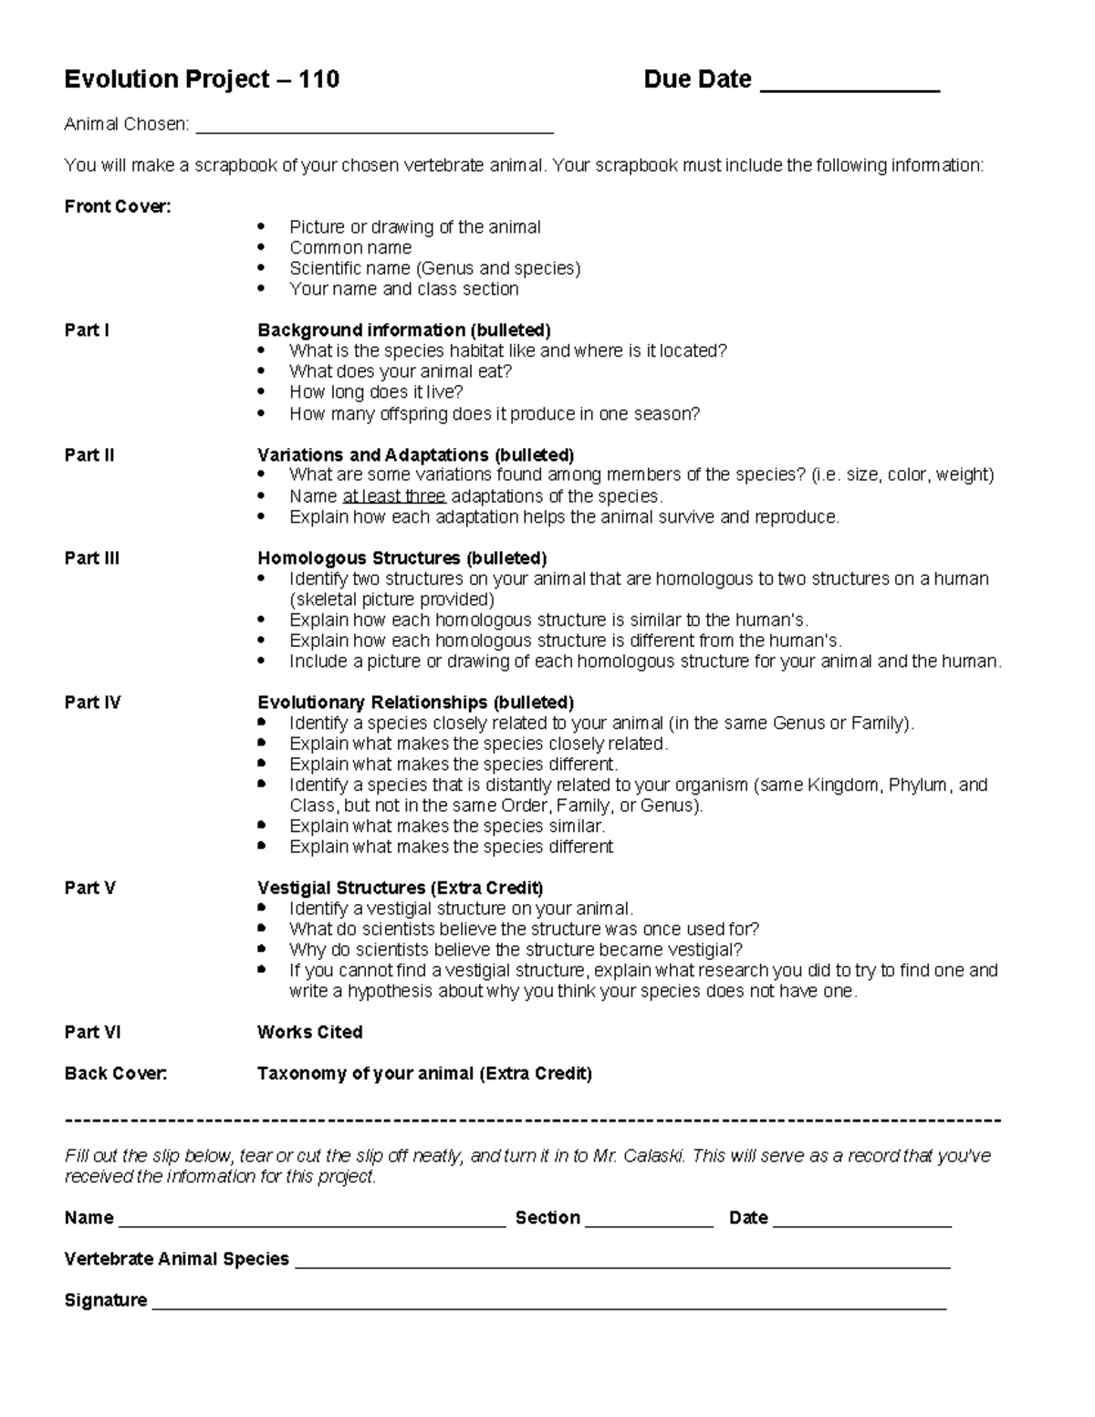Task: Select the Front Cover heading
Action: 118,207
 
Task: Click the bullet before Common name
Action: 262,247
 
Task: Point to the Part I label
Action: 87,330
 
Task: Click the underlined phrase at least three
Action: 393,496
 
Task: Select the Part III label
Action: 91,558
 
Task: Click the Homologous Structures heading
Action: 401,558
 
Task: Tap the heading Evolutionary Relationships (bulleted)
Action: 415,703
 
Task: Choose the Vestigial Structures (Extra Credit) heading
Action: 400,888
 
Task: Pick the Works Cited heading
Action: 309,1032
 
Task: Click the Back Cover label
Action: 116,1074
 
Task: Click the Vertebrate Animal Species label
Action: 176,1259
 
